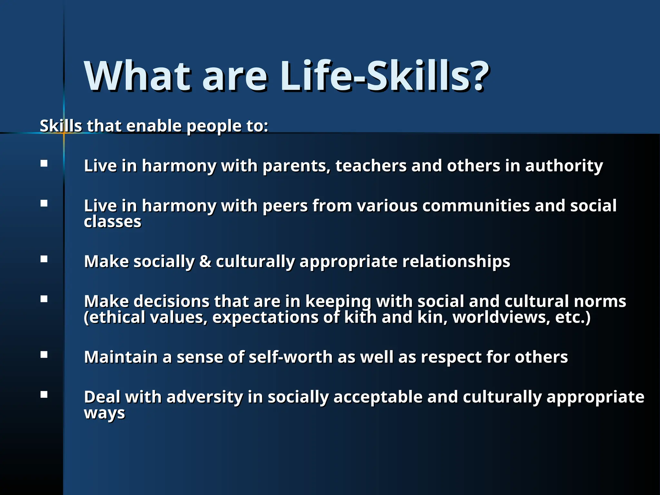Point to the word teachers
371,166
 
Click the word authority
564,166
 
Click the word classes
112,222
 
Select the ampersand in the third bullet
205,261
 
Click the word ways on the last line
104,414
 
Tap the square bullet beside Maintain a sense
44,355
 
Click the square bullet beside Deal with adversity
44,395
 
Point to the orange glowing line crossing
64,133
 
